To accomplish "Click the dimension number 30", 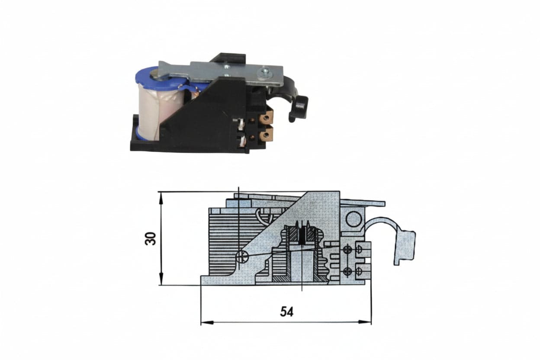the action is [x=151, y=238].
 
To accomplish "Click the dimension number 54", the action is [x=286, y=312].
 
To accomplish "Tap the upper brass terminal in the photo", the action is [x=267, y=117].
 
